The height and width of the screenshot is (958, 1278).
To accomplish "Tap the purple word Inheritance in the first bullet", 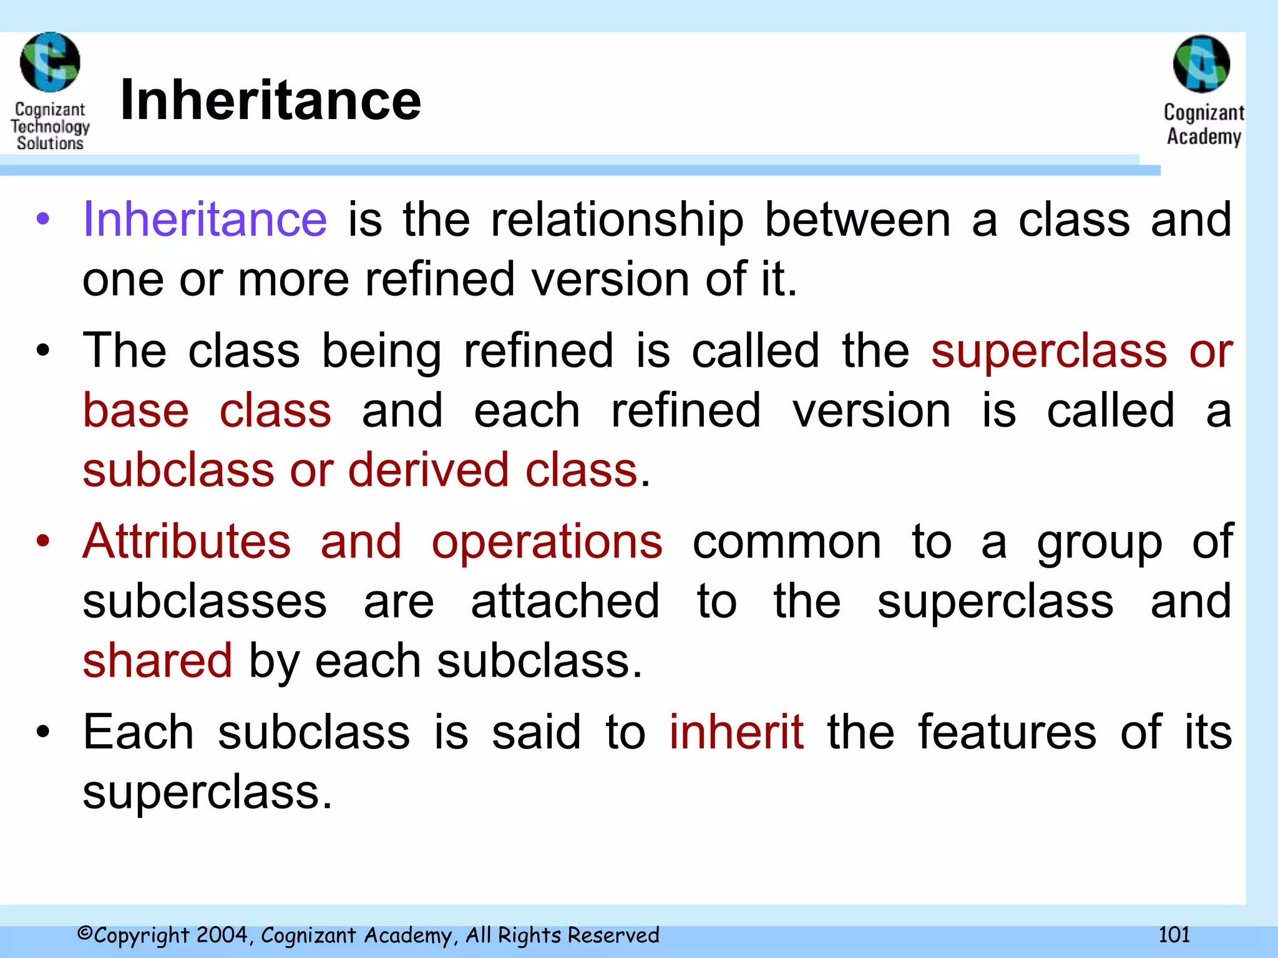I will pyautogui.click(x=205, y=220).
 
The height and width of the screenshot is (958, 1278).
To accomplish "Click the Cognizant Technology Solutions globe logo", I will pyautogui.click(x=50, y=62).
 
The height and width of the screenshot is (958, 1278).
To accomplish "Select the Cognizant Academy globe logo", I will pyautogui.click(x=1201, y=64).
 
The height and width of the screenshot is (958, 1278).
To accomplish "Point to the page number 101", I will pyautogui.click(x=1174, y=934).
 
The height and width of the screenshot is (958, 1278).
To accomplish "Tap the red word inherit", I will pyautogui.click(x=736, y=732).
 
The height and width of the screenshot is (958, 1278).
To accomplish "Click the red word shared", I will pyautogui.click(x=157, y=661).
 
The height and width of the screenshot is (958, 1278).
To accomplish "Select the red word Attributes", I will pyautogui.click(x=187, y=541).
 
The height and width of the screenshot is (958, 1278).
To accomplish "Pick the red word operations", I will pyautogui.click(x=547, y=543).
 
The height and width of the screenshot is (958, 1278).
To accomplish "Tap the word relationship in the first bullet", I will pyautogui.click(x=617, y=221).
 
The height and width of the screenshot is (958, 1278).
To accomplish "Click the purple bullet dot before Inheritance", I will pyautogui.click(x=42, y=219).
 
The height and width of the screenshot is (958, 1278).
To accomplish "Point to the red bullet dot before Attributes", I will pyautogui.click(x=42, y=541).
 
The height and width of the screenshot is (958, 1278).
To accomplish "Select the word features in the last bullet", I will pyautogui.click(x=1007, y=732).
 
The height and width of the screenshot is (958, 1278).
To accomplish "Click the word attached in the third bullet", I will pyautogui.click(x=565, y=601).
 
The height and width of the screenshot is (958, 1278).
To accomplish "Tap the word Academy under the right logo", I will pyautogui.click(x=1204, y=136).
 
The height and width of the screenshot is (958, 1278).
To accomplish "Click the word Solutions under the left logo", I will pyautogui.click(x=50, y=143).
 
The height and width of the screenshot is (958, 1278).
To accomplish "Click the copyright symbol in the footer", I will pyautogui.click(x=85, y=934).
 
